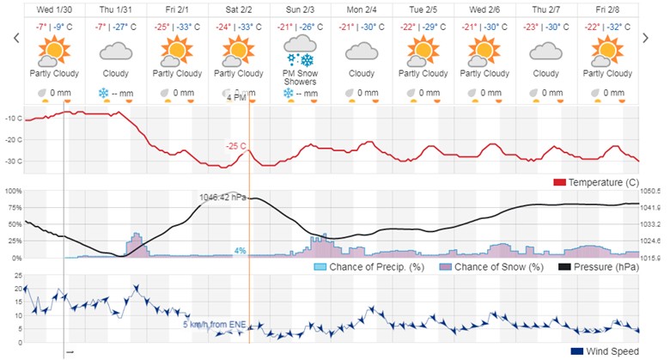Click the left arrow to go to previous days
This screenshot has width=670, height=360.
click(x=15, y=39)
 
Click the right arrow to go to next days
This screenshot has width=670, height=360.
click(x=646, y=39)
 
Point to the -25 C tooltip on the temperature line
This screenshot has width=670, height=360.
click(x=236, y=146)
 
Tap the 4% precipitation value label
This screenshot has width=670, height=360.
click(x=241, y=251)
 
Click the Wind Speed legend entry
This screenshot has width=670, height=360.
click(x=606, y=351)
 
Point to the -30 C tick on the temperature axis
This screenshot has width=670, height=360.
click(x=13, y=161)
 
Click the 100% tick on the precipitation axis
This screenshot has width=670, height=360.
click(x=12, y=190)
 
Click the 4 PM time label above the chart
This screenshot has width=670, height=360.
click(x=235, y=98)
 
